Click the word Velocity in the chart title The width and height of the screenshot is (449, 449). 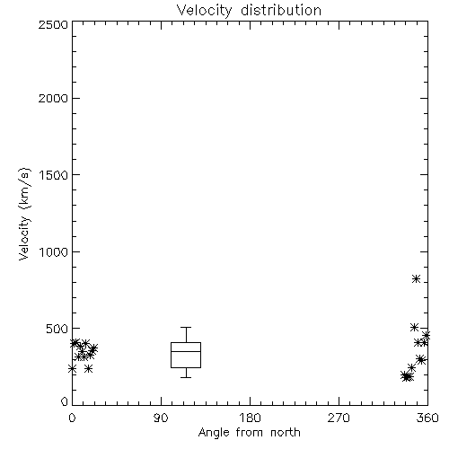point(204,11)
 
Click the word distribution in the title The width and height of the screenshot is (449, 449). point(281,10)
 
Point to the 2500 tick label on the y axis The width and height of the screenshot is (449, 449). point(53,24)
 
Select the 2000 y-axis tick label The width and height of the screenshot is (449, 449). point(53,99)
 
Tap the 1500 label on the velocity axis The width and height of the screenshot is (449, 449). point(54,175)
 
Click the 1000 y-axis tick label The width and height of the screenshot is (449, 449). point(54,252)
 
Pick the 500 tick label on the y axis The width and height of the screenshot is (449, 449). point(57,329)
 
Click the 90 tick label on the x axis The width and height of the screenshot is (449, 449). point(161,418)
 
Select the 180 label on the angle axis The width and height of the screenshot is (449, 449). point(250,418)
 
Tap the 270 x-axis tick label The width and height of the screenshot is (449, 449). point(339,418)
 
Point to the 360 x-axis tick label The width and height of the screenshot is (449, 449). point(427,418)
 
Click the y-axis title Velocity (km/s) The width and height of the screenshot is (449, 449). point(24,214)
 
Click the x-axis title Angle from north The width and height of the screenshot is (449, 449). point(250,433)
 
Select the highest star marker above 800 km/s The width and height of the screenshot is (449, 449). point(416,279)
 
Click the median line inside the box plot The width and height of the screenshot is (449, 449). point(186,351)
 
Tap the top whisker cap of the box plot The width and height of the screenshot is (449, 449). point(186,328)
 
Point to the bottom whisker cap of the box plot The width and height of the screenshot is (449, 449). point(186,377)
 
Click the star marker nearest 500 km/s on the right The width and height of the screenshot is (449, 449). point(414,327)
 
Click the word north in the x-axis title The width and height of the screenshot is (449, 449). point(286,433)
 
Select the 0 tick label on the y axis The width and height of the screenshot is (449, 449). point(65,401)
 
